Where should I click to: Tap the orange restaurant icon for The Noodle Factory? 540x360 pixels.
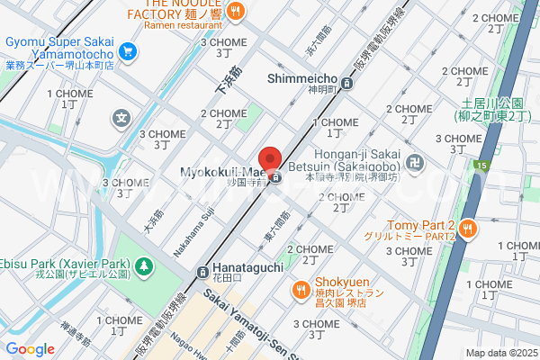(235, 11)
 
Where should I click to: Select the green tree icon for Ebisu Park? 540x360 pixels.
(143, 266)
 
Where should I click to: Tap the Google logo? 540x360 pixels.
(30, 349)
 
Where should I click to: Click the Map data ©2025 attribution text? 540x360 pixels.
(499, 353)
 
